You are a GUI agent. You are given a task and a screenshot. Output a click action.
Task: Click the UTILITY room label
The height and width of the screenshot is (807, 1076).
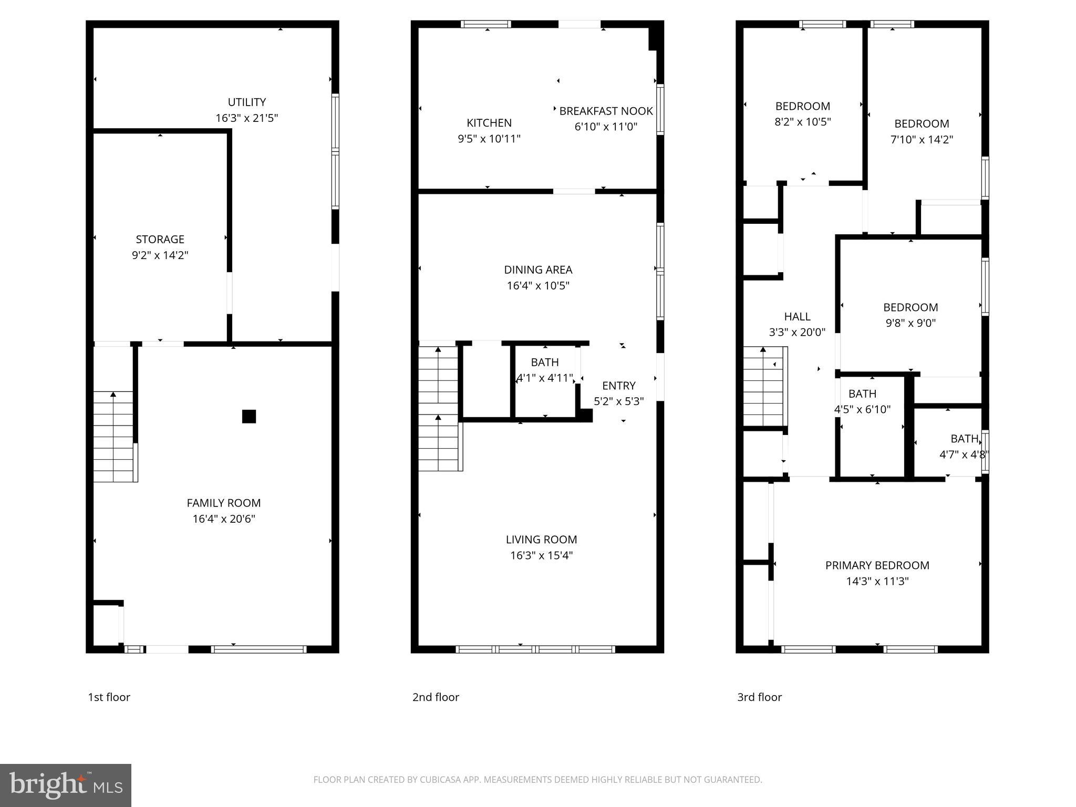pyautogui.click(x=246, y=102)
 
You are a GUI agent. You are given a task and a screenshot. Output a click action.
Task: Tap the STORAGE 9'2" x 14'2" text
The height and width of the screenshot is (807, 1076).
pyautogui.click(x=160, y=247)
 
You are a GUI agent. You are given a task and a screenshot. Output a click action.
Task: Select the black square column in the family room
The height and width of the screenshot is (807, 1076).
pyautogui.click(x=249, y=417)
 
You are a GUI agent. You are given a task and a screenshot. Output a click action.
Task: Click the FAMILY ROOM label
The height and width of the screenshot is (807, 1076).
pyautogui.click(x=224, y=503)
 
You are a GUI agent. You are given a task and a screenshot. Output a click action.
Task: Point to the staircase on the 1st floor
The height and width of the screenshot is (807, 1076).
pyautogui.click(x=113, y=436)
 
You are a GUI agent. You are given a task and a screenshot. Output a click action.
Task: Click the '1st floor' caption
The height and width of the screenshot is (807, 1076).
pyautogui.click(x=109, y=697)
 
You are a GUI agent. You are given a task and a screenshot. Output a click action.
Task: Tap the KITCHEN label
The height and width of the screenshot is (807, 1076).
pyautogui.click(x=489, y=123)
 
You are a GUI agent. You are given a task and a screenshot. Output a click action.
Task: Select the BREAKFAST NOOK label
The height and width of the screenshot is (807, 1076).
pyautogui.click(x=606, y=111)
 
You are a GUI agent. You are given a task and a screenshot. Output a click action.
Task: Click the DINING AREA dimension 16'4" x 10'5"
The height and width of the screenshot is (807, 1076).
pyautogui.click(x=538, y=286)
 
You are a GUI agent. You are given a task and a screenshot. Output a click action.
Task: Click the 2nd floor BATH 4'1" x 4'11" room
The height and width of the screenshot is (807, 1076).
pyautogui.click(x=545, y=370)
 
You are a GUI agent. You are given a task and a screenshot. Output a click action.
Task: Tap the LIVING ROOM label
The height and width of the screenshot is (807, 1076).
pyautogui.click(x=541, y=540)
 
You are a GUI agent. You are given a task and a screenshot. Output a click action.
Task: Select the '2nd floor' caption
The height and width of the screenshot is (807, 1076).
pyautogui.click(x=436, y=697)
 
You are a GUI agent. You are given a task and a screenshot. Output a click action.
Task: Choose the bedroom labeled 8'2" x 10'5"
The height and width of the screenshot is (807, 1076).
pyautogui.click(x=802, y=114)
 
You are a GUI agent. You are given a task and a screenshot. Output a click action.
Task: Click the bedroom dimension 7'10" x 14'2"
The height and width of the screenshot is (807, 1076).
pyautogui.click(x=922, y=140)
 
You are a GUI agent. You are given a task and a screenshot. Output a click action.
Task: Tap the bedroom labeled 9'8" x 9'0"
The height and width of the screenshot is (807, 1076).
pyautogui.click(x=911, y=315)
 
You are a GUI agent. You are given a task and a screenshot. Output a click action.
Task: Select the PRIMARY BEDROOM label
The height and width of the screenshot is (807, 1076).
pyautogui.click(x=877, y=566)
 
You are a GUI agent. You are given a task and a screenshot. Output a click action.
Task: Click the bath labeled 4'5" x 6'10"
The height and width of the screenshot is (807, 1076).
pyautogui.click(x=862, y=401)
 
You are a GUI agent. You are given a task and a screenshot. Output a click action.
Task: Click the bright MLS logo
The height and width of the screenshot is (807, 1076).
pyautogui.click(x=66, y=785)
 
